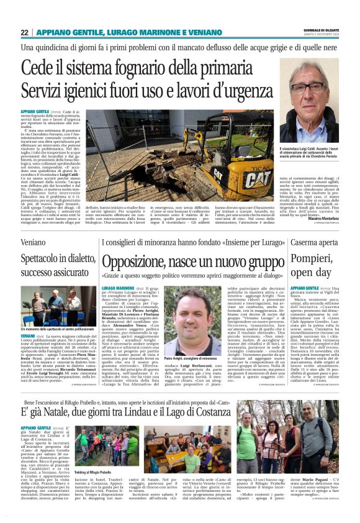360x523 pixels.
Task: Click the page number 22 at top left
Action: click(x=24, y=32)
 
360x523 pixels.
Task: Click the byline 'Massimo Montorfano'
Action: click(x=318, y=219)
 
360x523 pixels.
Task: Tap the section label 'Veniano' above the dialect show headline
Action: click(x=35, y=241)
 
